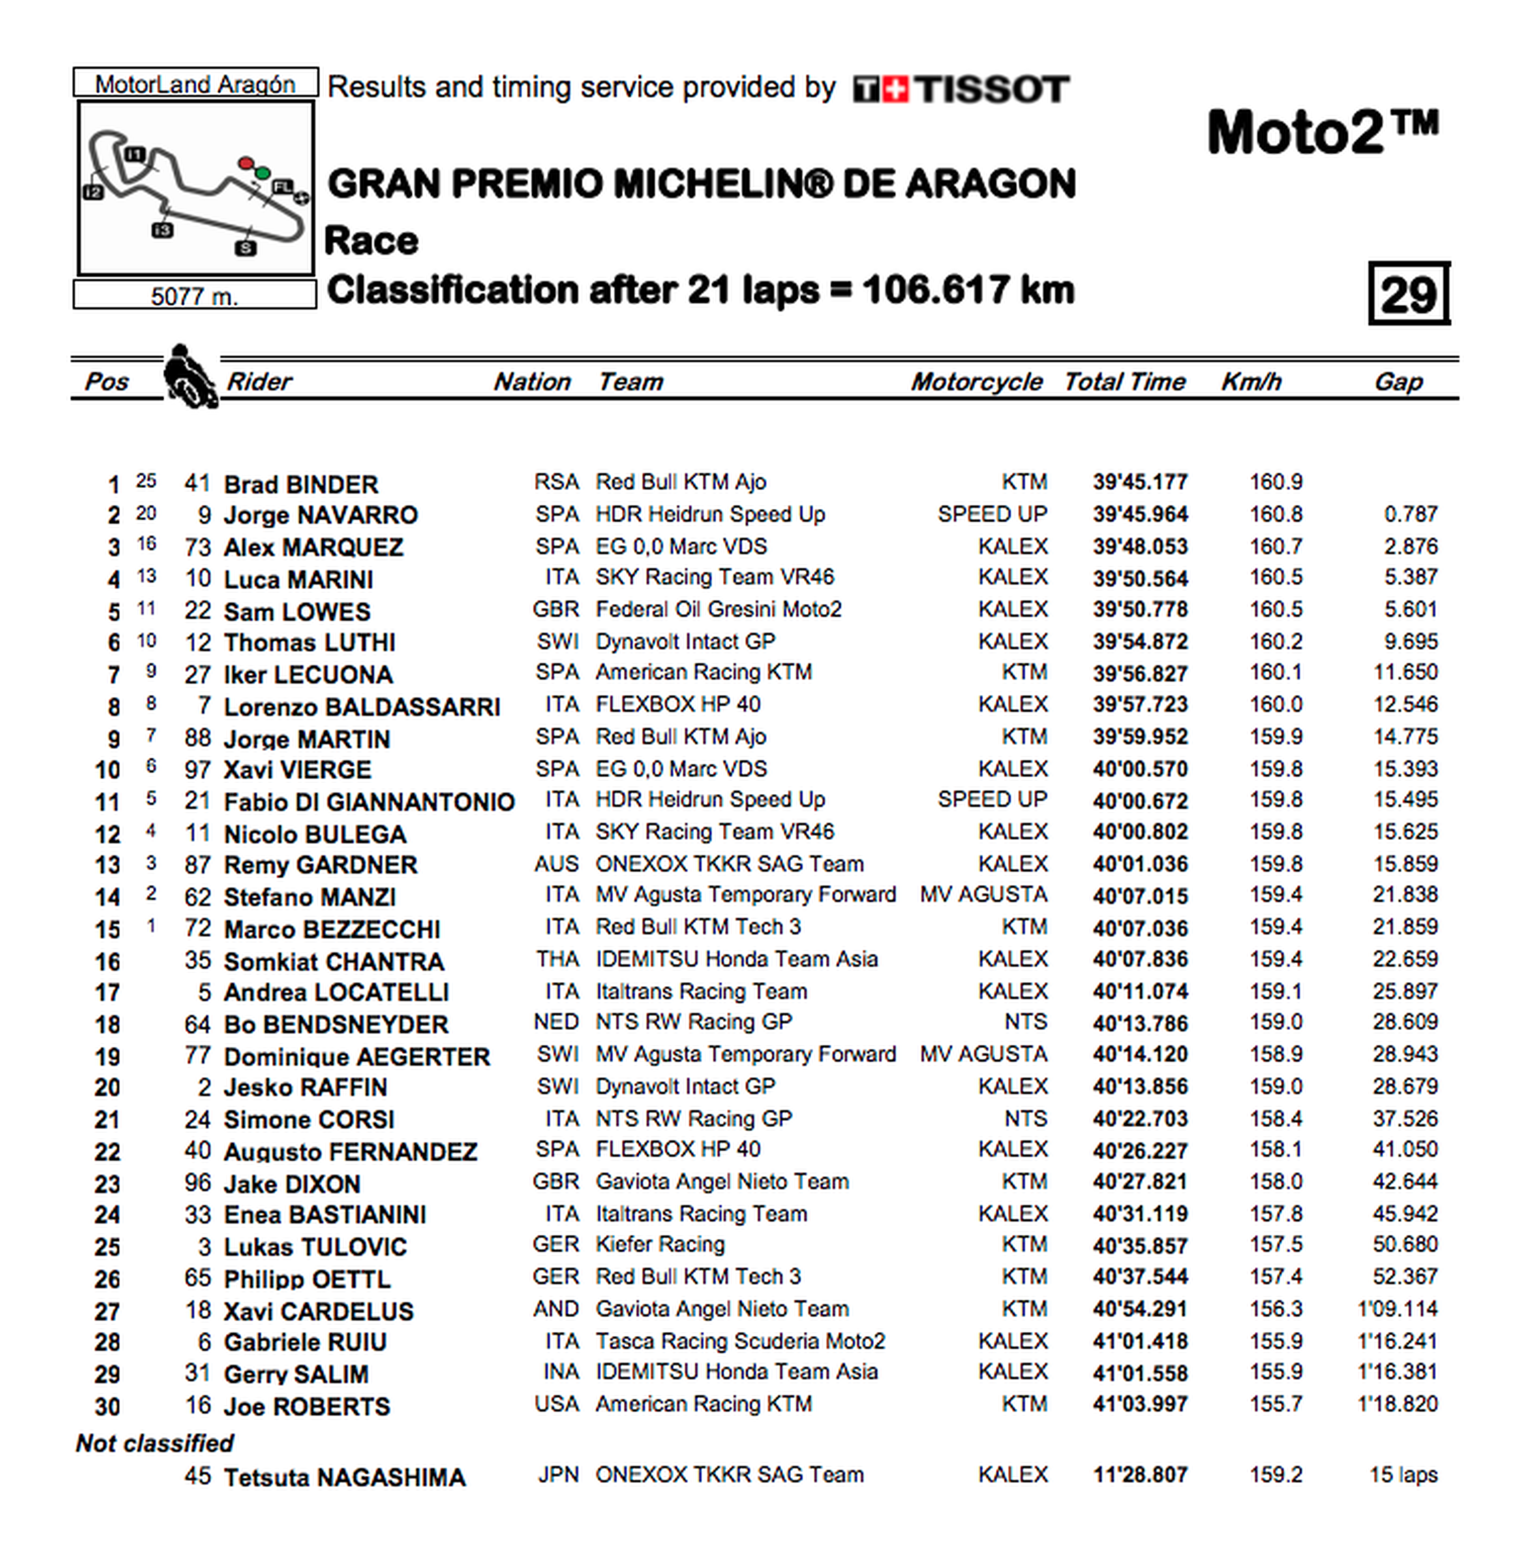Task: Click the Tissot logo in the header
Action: [x=960, y=88]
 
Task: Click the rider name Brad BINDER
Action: [x=301, y=484]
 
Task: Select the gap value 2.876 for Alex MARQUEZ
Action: [x=1410, y=546]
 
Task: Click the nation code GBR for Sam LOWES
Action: [x=556, y=609]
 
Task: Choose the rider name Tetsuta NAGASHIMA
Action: [x=344, y=1477]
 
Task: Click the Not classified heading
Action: [x=154, y=1443]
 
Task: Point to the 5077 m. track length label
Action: [x=194, y=296]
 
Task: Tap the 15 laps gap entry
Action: [x=1403, y=1475]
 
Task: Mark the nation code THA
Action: [x=557, y=959]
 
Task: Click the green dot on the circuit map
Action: [x=262, y=173]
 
